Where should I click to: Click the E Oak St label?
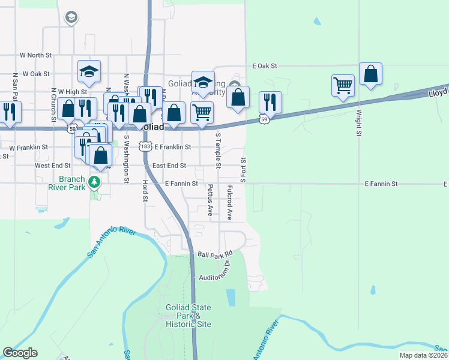[x=264, y=65]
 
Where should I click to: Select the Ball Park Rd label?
[x=214, y=254]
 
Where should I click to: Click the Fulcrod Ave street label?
[x=230, y=202]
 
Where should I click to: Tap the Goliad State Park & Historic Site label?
[x=188, y=316]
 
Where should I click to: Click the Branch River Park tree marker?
[x=94, y=181]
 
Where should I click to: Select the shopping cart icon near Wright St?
[x=343, y=85]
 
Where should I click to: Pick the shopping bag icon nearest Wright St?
[x=371, y=74]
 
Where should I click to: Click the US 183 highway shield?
[x=145, y=146]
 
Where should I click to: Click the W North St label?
[x=35, y=55]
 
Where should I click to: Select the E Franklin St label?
[x=172, y=147]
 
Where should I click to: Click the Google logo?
[x=20, y=353]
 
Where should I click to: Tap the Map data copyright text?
[x=424, y=355]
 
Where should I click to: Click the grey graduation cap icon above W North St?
[x=71, y=17]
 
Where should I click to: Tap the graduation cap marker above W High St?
[x=89, y=71]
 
